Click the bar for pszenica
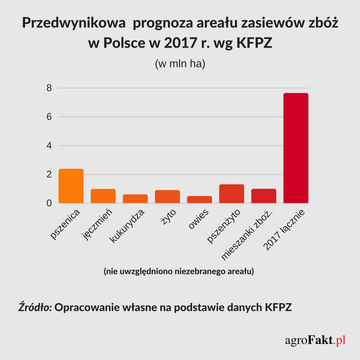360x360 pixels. pyautogui.click(x=71, y=186)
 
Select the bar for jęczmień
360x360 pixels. pyautogui.click(x=103, y=196)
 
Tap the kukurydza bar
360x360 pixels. pyautogui.click(x=135, y=198)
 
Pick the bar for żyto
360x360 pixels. pyautogui.click(x=167, y=196)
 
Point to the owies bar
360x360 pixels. pyautogui.click(x=199, y=199)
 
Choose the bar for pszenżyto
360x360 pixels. pyautogui.click(x=231, y=193)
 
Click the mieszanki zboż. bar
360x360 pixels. pyautogui.click(x=264, y=196)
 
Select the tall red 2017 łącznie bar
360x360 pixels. pyautogui.click(x=296, y=148)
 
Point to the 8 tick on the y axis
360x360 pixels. pyautogui.click(x=49, y=88)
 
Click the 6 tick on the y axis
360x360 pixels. pyautogui.click(x=49, y=117)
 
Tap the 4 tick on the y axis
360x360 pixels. pyautogui.click(x=49, y=146)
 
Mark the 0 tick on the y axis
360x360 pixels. pyautogui.click(x=49, y=203)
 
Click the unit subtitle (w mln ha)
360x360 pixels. pyautogui.click(x=180, y=64)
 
